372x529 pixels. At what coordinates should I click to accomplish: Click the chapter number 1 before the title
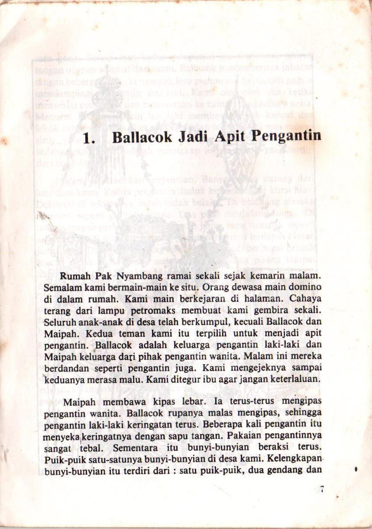88,138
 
